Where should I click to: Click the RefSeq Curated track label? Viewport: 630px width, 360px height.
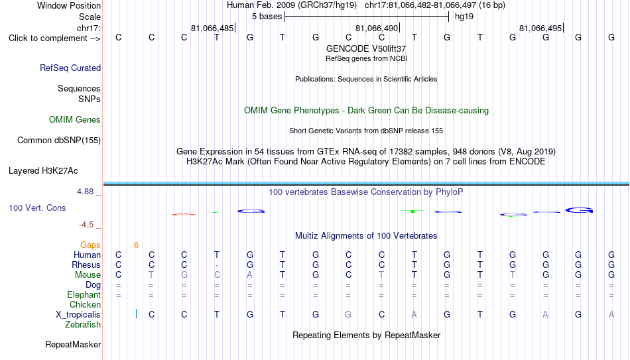pos(70,68)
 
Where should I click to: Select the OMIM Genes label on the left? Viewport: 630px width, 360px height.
pos(75,120)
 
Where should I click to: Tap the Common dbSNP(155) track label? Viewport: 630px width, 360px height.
pos(59,141)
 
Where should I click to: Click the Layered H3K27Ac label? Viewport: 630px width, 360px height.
pos(43,171)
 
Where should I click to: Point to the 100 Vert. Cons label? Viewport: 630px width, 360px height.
pos(37,208)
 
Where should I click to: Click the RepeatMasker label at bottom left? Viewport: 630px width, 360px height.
pos(73,344)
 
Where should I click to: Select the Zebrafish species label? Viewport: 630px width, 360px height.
pos(83,324)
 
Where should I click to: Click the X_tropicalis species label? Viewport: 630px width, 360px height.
pos(78,315)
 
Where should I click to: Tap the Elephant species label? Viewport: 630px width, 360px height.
pos(84,294)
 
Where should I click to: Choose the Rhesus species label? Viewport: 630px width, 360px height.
pos(86,265)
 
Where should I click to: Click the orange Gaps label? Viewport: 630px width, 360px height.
pos(90,245)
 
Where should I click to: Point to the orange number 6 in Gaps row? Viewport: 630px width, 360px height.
pos(136,245)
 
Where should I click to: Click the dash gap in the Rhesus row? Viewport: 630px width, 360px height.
pos(217,265)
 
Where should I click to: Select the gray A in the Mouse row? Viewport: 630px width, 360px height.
pos(250,275)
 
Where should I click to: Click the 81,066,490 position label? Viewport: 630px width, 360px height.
pos(377,28)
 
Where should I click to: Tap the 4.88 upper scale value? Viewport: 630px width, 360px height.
pos(85,192)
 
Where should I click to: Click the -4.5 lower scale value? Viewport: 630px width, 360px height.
pos(86,225)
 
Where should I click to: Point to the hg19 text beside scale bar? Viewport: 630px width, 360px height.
pos(464,17)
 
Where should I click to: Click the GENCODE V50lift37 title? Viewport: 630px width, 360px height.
pos(366,48)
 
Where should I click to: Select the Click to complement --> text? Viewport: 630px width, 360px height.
pos(54,38)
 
